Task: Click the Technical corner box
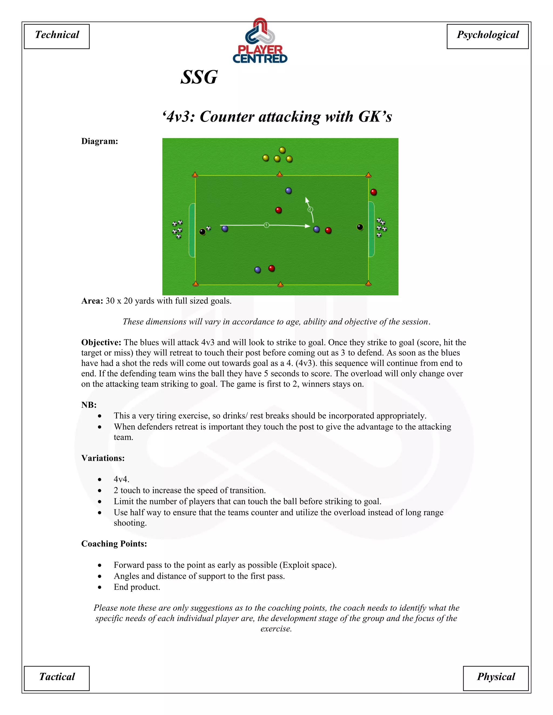pos(57,36)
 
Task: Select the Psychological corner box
pos(487,36)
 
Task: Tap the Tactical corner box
pos(57,678)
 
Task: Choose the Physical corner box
pos(496,678)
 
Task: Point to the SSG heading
pos(199,77)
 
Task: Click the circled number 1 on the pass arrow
pos(266,225)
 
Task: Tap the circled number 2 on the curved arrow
pos(310,209)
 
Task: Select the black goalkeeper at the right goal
pos(360,227)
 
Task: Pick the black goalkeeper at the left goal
pos(203,232)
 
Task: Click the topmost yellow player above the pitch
pos(282,150)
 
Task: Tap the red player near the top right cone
pos(373,192)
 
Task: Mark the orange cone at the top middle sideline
pos(279,174)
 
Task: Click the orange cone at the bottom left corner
pos(195,284)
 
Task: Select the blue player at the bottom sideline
pos(258,270)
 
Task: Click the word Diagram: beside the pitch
pos(100,141)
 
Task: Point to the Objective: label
pos(101,342)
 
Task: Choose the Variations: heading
pos(103,458)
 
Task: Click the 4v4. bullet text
pos(122,479)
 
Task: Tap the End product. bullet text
pos(137,587)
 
